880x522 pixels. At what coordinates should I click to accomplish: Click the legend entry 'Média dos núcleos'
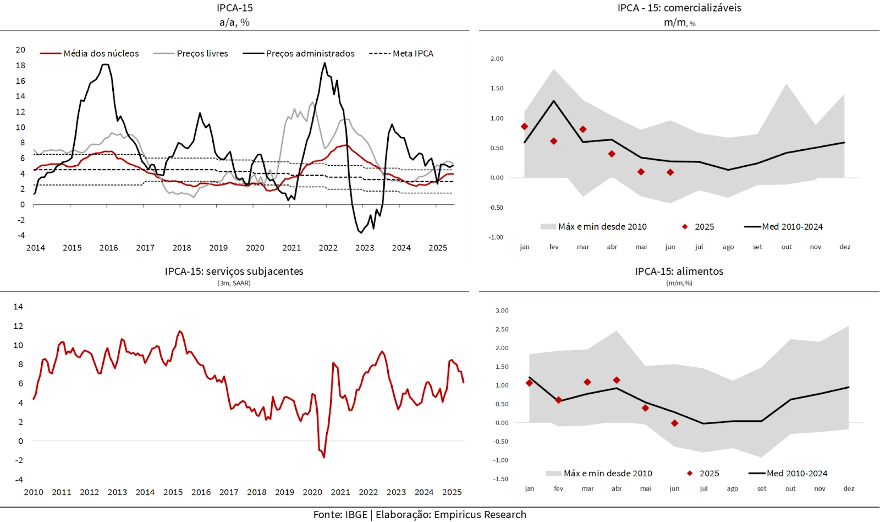point(101,53)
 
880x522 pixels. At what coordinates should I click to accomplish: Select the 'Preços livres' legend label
point(202,53)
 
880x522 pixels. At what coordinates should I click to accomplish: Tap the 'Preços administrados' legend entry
point(310,53)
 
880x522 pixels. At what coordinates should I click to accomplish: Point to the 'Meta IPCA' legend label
point(413,53)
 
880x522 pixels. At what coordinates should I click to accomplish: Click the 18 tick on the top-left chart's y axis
point(20,66)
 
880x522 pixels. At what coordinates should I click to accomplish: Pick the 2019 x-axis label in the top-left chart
point(218,248)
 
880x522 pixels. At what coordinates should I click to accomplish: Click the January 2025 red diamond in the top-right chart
point(525,127)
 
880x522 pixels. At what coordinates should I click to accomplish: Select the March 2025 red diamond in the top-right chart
point(583,129)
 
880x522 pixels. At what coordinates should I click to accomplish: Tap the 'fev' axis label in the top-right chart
point(554,247)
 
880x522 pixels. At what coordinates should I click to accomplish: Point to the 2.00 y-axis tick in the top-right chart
point(497,59)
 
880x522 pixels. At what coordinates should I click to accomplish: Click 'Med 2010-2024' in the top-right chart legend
point(792,227)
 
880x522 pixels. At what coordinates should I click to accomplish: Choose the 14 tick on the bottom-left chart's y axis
point(18,307)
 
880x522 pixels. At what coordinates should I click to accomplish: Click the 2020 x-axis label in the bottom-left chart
point(312,492)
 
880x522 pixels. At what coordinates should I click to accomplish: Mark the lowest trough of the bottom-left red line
point(324,457)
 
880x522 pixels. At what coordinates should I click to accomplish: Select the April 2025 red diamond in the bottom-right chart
point(617,380)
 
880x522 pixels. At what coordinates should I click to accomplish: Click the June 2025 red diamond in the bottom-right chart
point(675,423)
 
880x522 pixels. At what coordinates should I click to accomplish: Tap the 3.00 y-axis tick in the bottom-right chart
point(502,311)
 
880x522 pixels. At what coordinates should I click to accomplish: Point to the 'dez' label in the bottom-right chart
point(849,488)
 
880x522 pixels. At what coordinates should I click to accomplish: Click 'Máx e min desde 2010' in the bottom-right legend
point(608,474)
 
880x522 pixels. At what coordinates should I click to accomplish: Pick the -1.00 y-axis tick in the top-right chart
point(496,237)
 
